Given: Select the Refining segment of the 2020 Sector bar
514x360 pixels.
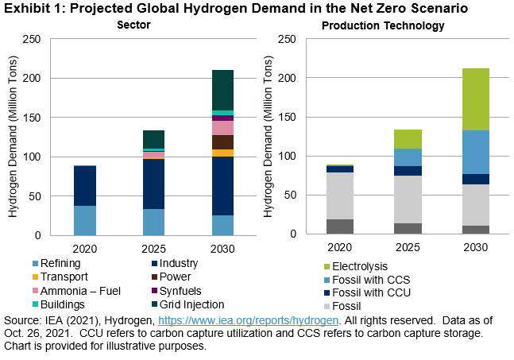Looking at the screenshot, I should point(85,220).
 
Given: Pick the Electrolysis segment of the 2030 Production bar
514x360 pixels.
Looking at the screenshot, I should point(475,99).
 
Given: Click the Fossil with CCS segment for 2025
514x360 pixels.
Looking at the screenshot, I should point(408,157).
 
